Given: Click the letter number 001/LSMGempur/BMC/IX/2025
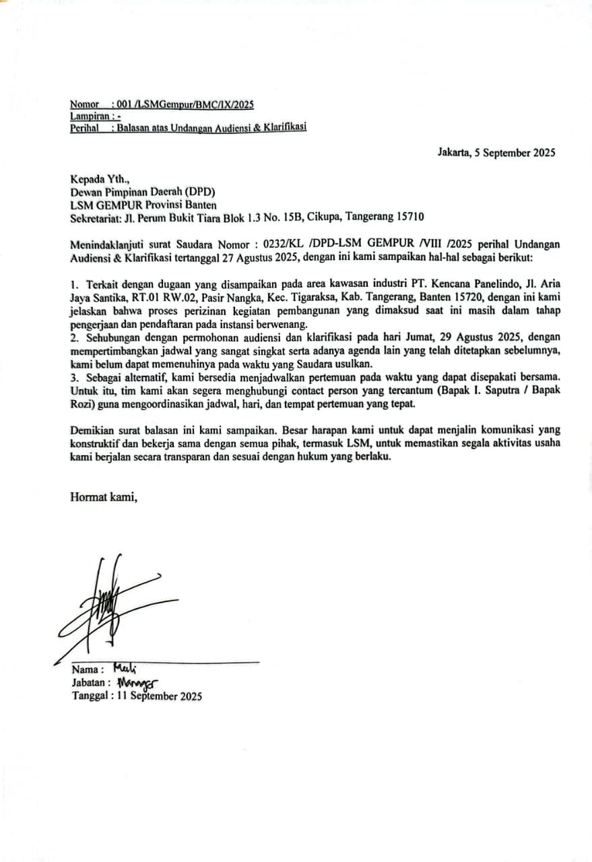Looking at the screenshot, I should click(185, 104).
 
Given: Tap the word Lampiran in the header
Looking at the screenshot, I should click(88, 116).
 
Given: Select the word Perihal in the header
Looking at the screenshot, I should click(84, 127).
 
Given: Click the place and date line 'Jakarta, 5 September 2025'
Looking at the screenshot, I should click(496, 152).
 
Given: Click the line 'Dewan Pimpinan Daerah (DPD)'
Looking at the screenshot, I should click(142, 192).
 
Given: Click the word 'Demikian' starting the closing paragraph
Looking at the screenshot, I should click(91, 429).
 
